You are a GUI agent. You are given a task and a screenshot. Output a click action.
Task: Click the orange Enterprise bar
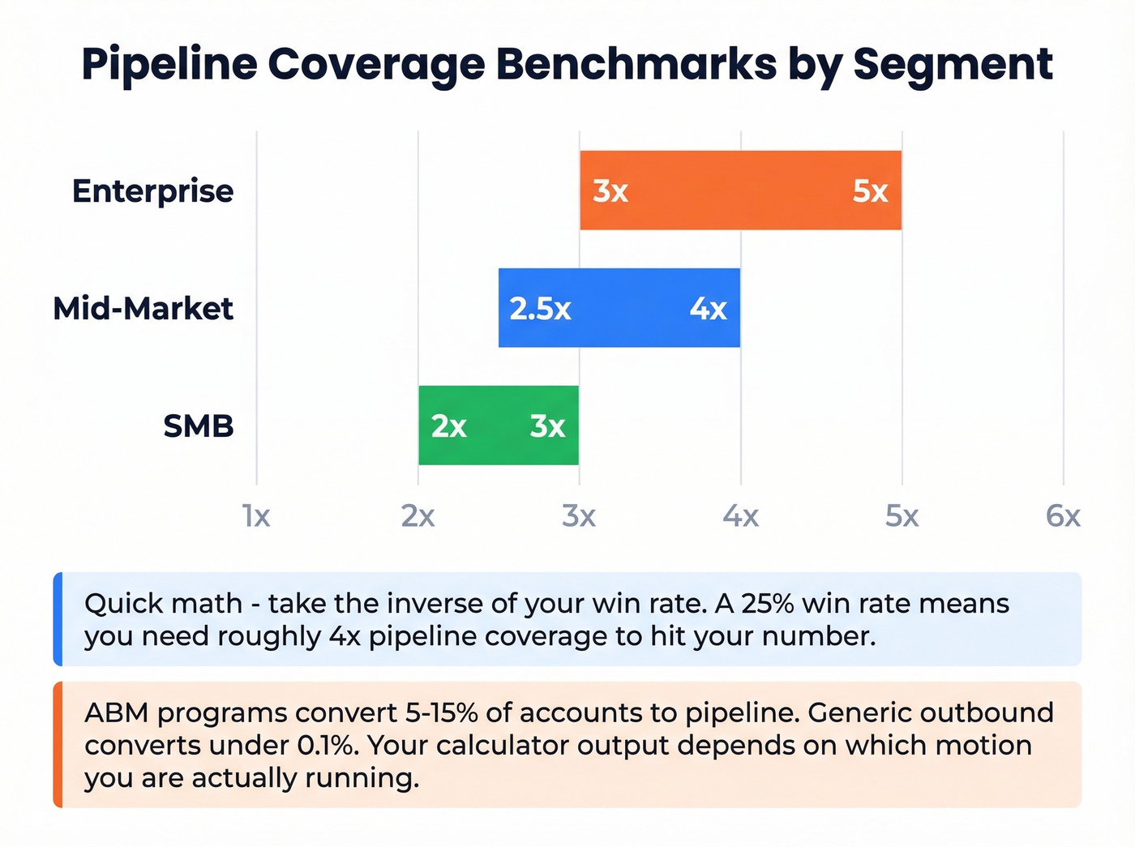[x=739, y=190]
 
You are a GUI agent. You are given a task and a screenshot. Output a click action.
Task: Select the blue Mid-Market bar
[x=619, y=308]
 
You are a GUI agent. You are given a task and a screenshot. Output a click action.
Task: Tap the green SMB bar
[x=499, y=426]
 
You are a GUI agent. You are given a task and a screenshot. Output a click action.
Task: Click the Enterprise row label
[x=152, y=191]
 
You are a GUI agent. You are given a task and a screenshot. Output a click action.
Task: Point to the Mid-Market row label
[x=143, y=309]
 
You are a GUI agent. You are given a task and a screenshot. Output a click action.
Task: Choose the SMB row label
[x=198, y=426]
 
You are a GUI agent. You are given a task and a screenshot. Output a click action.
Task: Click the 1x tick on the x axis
[x=257, y=515]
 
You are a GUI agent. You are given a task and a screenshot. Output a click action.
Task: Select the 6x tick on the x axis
[x=1063, y=515]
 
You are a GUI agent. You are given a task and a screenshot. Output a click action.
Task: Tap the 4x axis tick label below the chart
[x=740, y=515]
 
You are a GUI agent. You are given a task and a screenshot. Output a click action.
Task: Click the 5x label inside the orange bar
[x=870, y=191]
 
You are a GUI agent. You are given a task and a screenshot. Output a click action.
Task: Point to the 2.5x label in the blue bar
[x=540, y=309]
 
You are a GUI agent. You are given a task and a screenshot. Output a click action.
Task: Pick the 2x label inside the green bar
[x=448, y=426]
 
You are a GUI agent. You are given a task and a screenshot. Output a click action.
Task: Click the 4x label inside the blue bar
[x=708, y=309]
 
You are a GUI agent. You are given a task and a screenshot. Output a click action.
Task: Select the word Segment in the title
[x=953, y=65]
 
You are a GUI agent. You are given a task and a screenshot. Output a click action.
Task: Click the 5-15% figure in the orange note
[x=441, y=712]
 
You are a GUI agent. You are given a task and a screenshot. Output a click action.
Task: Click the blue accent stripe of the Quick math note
[x=58, y=619]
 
